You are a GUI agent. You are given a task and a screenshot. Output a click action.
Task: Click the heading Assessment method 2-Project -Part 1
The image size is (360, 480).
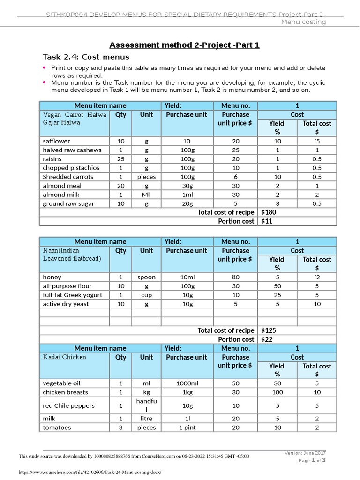pos(184,45)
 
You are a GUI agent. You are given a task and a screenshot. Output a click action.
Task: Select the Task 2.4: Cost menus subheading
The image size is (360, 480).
pos(86,57)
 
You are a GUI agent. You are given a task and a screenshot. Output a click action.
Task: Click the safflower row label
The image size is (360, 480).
pos(56,141)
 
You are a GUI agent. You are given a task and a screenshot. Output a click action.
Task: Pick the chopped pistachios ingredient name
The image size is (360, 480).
pos(71,168)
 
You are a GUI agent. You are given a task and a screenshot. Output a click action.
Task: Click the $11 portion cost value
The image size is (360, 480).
pos(267,221)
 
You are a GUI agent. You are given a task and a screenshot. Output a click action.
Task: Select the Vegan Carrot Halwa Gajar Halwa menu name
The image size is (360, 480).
pos(75,119)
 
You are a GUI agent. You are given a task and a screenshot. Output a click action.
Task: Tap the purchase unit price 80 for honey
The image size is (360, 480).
pos(235,277)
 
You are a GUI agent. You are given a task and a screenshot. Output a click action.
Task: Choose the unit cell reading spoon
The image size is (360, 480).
pos(146,277)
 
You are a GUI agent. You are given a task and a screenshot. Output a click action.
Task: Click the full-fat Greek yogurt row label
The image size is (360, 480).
pos(72,295)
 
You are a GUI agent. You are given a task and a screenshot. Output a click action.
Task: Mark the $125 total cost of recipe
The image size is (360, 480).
pos(269,330)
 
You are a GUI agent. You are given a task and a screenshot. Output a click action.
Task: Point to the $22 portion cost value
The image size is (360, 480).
pos(267,339)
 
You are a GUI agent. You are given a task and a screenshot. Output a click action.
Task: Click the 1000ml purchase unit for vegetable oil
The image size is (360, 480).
pos(186,383)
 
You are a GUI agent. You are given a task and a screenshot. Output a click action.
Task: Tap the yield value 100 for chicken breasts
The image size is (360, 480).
pos(277,392)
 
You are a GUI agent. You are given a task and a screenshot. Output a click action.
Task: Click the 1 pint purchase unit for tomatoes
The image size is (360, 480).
pos(186,427)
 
